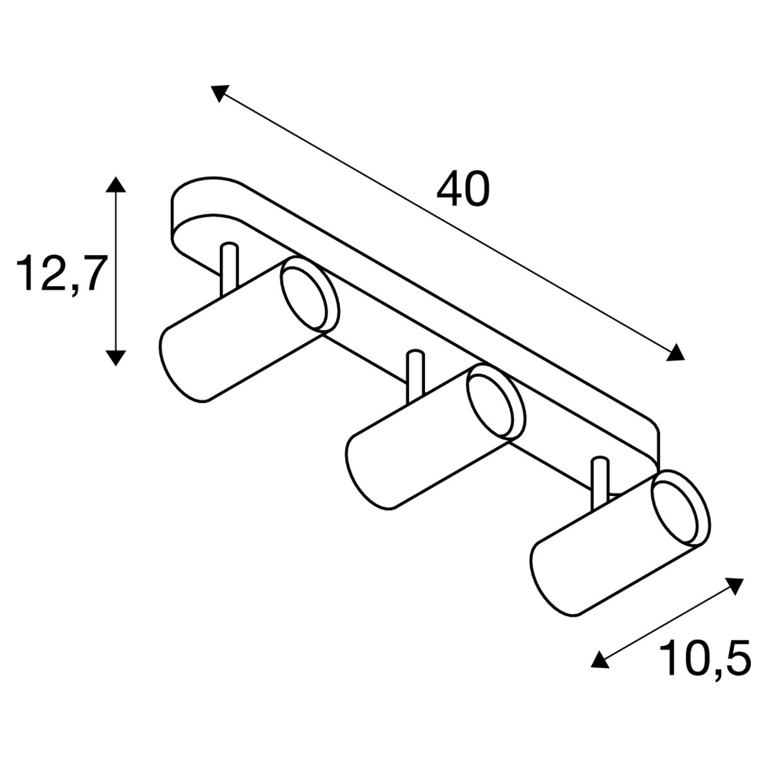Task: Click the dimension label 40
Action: (463, 189)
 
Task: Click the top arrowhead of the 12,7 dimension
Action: (116, 185)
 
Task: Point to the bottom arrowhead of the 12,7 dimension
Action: (116, 358)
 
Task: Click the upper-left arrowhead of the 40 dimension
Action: (219, 93)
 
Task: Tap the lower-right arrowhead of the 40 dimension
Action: (675, 352)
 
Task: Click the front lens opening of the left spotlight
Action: (304, 298)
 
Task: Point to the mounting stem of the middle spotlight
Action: (415, 376)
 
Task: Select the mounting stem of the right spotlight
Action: (600, 483)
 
